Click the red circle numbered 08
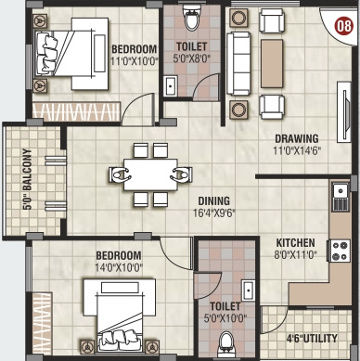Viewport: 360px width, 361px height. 344,26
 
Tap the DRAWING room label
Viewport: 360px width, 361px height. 297,138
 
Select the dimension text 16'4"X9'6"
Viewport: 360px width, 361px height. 214,213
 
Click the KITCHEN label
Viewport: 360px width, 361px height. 295,242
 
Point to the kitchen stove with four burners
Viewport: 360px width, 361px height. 341,251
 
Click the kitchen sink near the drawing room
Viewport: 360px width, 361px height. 341,196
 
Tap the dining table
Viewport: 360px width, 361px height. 150,174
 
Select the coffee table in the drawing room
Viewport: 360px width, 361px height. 272,63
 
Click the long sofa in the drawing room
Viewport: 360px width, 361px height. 238,63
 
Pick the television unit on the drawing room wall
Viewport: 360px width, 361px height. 344,111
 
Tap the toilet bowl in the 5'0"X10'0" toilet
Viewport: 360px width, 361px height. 226,344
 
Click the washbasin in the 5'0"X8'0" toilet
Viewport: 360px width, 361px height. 170,86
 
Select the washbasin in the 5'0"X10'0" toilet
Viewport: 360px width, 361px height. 248,290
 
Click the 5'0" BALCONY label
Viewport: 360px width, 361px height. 27,179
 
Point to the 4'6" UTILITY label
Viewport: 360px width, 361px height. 312,338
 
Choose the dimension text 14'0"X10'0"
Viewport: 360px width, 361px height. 119,267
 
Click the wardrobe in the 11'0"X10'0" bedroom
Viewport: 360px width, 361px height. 76,111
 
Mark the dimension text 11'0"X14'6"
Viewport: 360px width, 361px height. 297,150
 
